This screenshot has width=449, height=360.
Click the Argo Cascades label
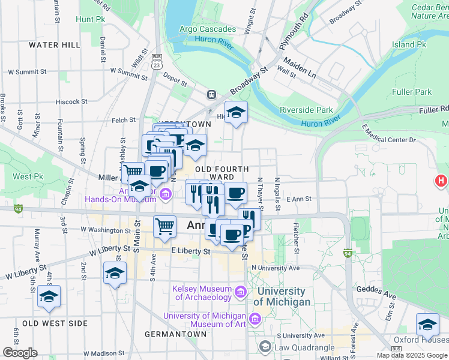coord(209,29)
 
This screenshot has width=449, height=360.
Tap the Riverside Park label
coord(306,110)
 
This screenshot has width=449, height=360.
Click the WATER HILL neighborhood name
coord(54,45)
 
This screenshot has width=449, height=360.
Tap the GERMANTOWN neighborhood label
coord(172,333)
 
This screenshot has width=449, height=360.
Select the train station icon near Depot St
coord(211,94)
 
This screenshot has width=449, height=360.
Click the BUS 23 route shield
coord(157,61)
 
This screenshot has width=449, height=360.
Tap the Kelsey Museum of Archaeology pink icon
coord(241,292)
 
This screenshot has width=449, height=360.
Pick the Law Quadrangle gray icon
coord(265,347)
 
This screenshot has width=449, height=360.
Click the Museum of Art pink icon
coord(255,319)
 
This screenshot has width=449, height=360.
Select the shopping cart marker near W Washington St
coord(164,226)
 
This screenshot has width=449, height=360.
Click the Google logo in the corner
coord(20,353)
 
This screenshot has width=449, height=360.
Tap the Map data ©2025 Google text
coord(411,355)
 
